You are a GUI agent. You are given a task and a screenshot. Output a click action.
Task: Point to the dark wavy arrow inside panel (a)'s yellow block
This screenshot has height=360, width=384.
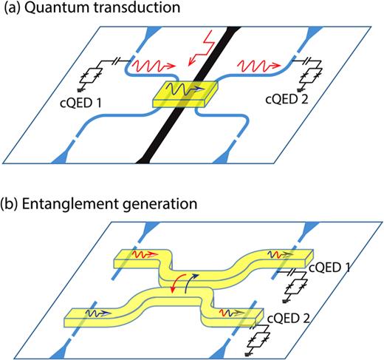click(184, 89)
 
